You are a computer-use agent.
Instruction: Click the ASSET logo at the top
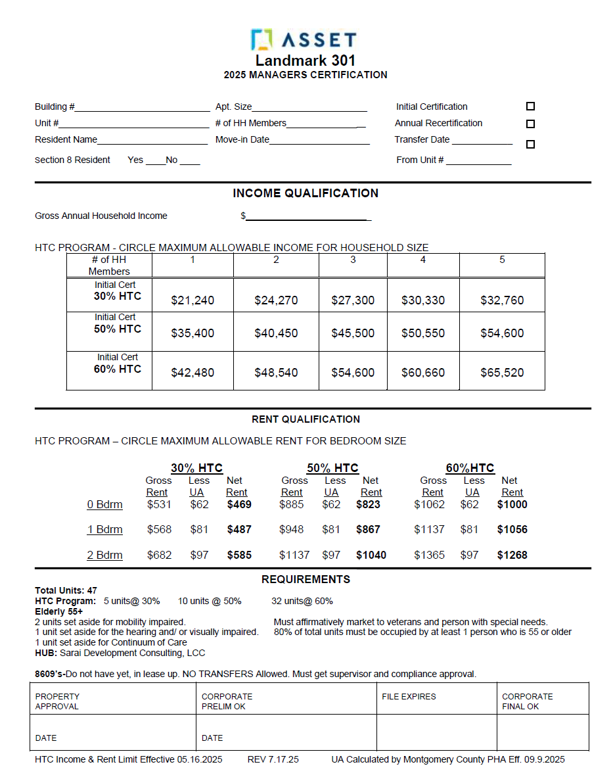(x=304, y=40)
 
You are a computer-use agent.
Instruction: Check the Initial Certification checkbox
(x=530, y=106)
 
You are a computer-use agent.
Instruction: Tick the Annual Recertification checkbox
(x=530, y=124)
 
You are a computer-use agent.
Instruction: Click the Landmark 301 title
(x=306, y=60)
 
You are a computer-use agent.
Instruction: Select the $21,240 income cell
(x=193, y=300)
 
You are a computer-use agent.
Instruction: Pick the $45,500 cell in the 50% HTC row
(x=353, y=333)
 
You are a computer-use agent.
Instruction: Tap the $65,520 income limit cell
(x=502, y=373)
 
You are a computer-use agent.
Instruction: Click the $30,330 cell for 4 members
(x=423, y=300)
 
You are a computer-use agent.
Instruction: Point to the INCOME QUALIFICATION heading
(x=306, y=193)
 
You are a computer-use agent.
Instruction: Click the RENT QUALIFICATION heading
(x=306, y=419)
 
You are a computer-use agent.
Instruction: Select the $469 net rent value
(x=239, y=505)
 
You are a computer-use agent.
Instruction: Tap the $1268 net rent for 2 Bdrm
(x=512, y=555)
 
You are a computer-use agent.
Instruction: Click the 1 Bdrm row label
(x=104, y=530)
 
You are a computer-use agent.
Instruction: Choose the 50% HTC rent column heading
(x=332, y=468)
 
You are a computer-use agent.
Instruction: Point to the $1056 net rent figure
(x=512, y=530)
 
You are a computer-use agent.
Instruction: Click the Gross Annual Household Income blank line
(x=307, y=217)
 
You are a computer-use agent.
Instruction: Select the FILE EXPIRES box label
(x=409, y=697)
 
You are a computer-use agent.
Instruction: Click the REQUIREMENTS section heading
(x=306, y=579)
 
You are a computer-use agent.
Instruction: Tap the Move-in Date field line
(x=319, y=141)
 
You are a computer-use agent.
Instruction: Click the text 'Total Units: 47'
(x=66, y=590)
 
